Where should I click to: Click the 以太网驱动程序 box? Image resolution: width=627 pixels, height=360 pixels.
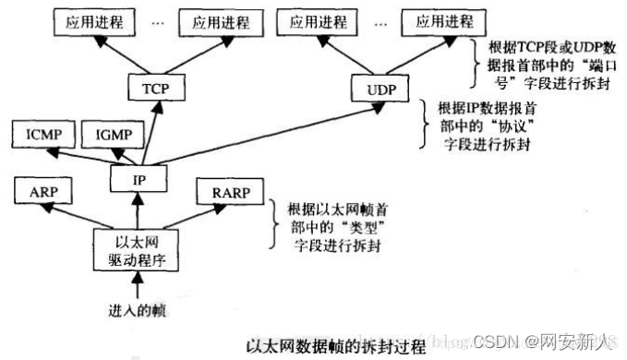click(x=135, y=247)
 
